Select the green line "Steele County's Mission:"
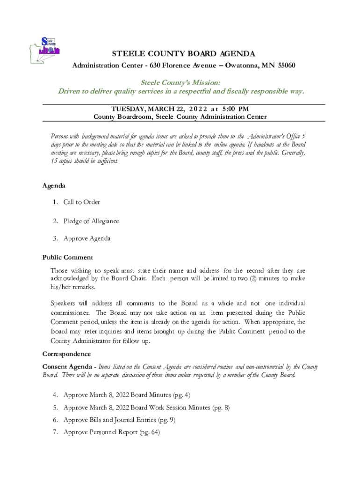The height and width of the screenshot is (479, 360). [x=180, y=82]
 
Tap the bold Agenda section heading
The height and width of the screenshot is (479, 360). [x=54, y=186]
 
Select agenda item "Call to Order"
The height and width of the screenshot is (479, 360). [x=81, y=202]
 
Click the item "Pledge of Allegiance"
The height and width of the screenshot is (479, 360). [x=91, y=221]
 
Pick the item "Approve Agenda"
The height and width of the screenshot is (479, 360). [x=86, y=239]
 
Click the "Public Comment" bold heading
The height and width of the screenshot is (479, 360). [x=68, y=257]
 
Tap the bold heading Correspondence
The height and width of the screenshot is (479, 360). [x=66, y=354]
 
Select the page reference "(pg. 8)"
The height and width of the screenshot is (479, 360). [x=221, y=407]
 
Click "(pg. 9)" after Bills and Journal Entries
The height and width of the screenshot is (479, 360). [x=166, y=420]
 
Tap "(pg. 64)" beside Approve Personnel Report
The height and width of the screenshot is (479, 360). [x=150, y=432]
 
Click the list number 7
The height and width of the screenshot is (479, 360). [x=55, y=432]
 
